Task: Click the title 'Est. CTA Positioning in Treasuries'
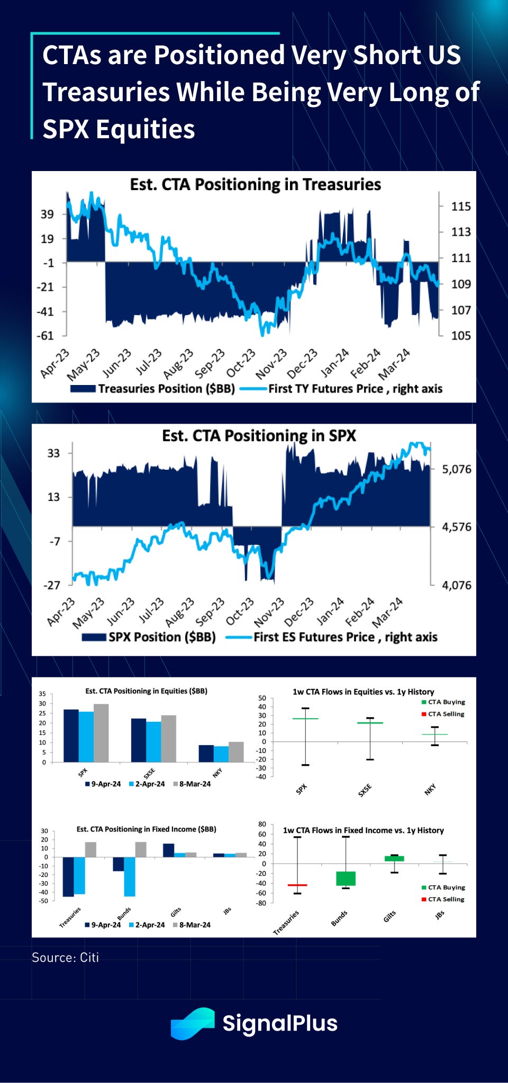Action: click(256, 184)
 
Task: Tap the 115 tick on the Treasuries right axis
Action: click(460, 207)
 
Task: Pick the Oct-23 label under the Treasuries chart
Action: click(241, 363)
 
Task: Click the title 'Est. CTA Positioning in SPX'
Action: click(259, 435)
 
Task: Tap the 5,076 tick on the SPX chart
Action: click(456, 469)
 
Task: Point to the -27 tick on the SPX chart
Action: click(52, 585)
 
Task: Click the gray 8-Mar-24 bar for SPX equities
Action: click(101, 733)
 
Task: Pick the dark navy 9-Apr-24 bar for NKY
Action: click(206, 754)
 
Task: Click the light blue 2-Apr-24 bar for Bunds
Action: click(130, 876)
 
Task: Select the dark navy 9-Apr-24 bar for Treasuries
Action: click(68, 876)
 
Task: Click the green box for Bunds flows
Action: click(346, 878)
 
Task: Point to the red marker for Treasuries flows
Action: click(297, 885)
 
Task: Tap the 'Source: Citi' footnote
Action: click(66, 957)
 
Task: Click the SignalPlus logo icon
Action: click(193, 1023)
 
